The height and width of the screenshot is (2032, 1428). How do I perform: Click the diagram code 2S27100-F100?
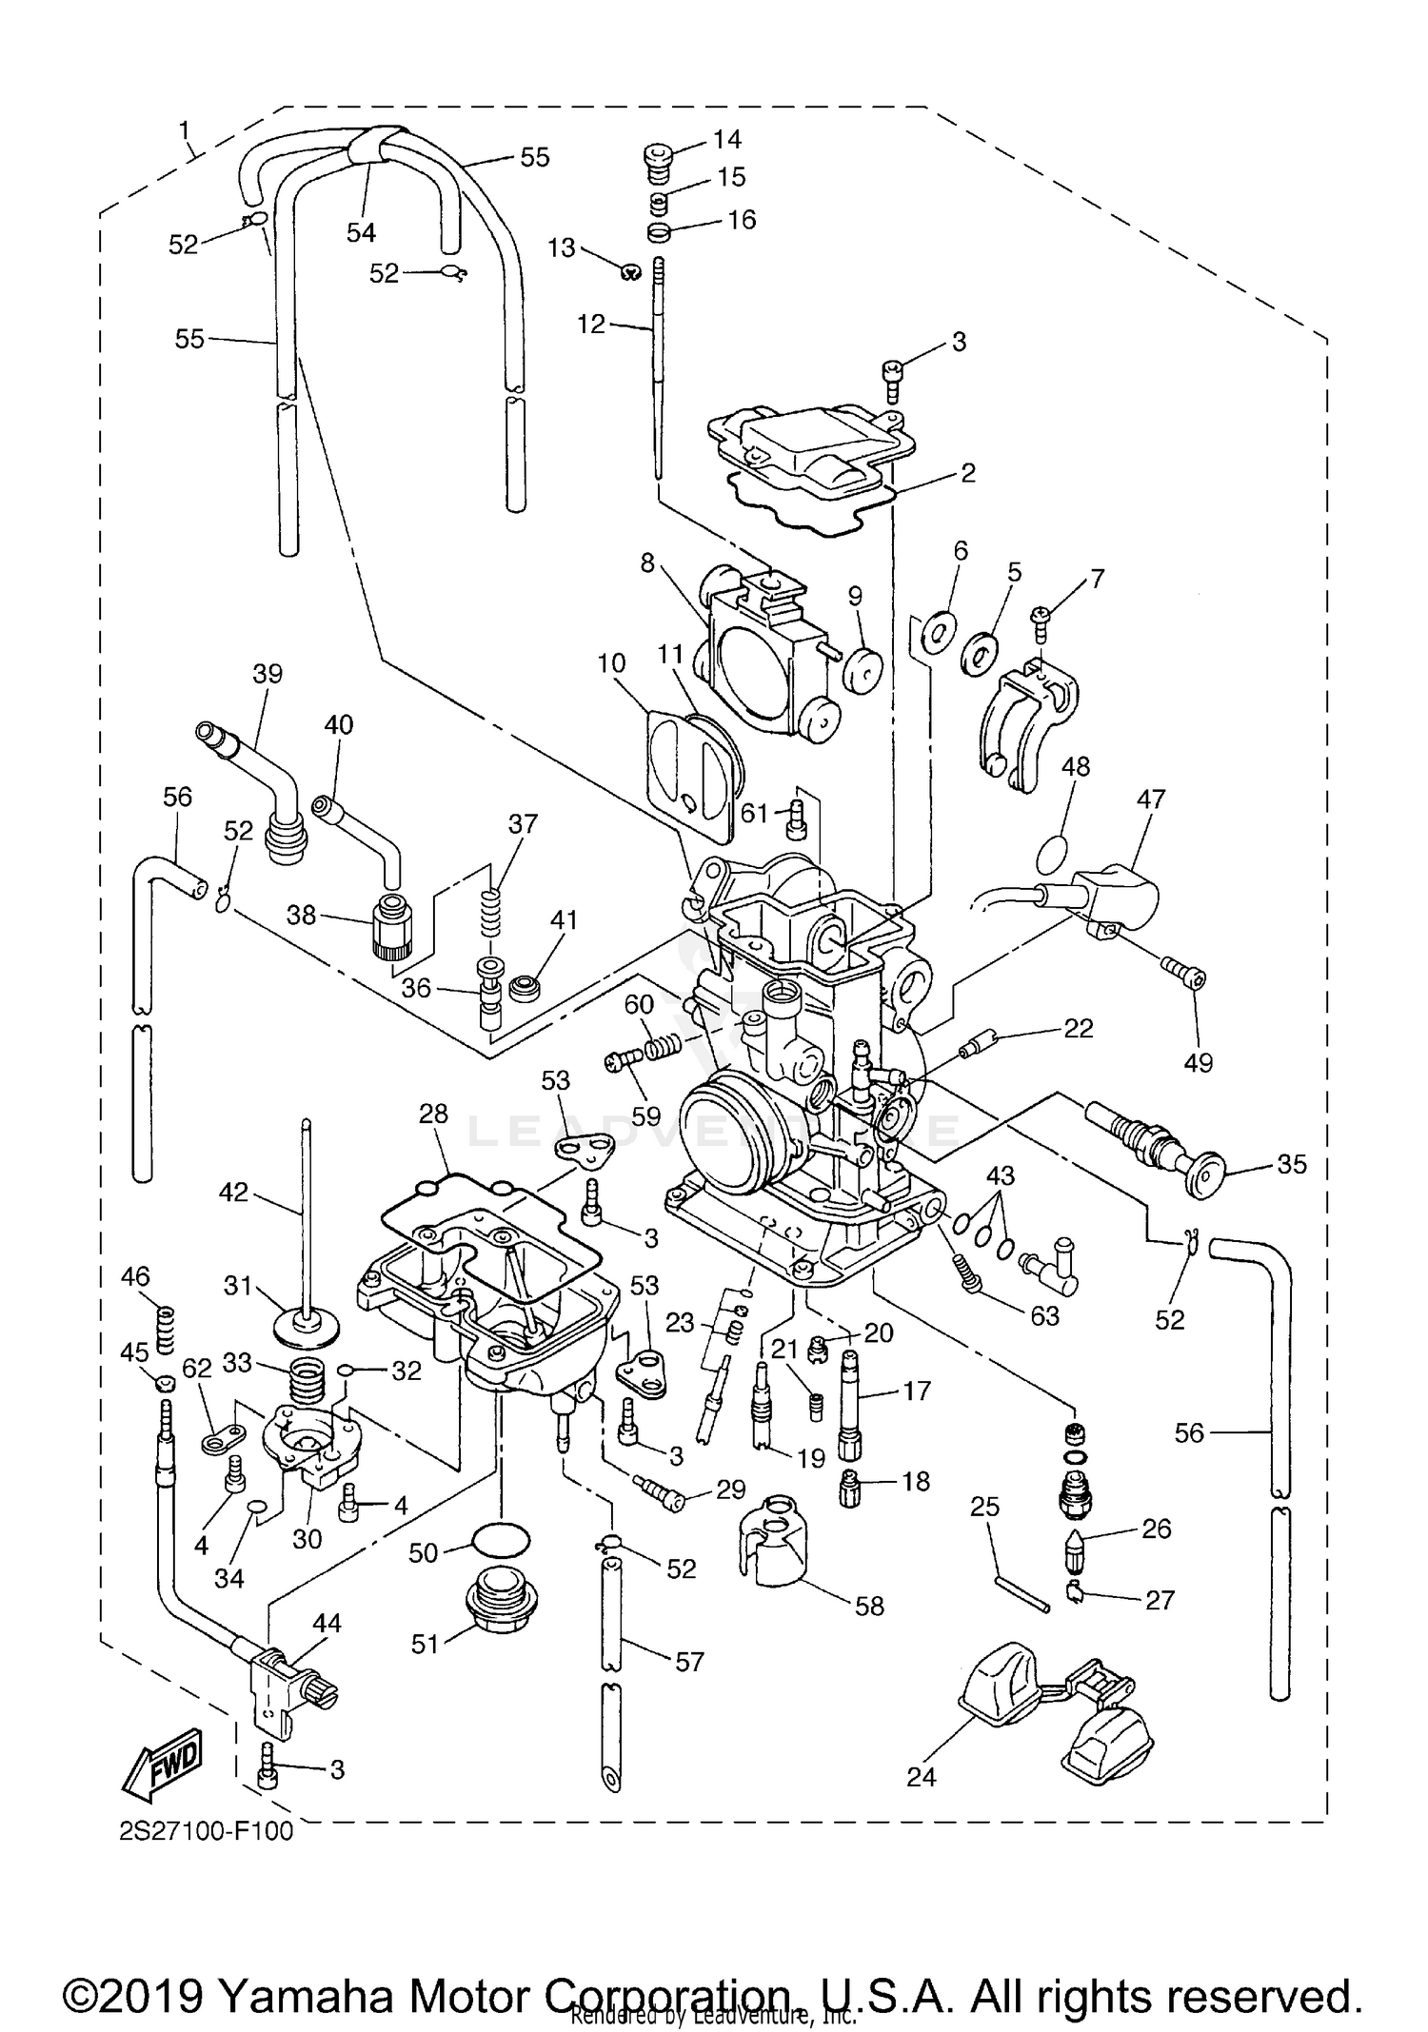[x=206, y=1832]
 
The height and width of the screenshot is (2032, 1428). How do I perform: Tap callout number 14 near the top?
[x=726, y=140]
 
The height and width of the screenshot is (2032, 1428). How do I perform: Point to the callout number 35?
[x=1291, y=1164]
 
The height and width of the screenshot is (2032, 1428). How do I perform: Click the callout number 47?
[x=1150, y=799]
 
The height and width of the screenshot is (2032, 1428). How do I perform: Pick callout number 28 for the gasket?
[x=433, y=1114]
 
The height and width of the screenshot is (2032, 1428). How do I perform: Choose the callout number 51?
[x=425, y=1643]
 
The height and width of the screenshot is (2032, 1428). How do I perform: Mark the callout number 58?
[x=869, y=1607]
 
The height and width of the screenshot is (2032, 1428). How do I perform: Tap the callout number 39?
[x=268, y=674]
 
